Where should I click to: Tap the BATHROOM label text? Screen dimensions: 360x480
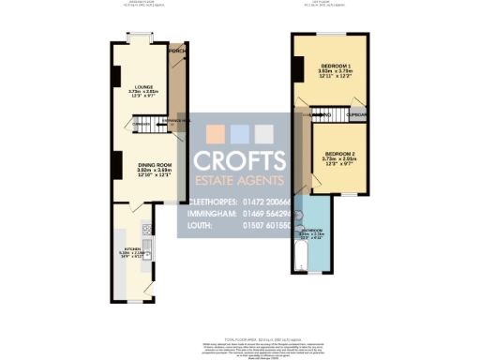312,230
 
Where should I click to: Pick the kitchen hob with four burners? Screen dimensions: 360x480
147,230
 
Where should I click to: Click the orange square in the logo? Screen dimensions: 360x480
213,133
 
